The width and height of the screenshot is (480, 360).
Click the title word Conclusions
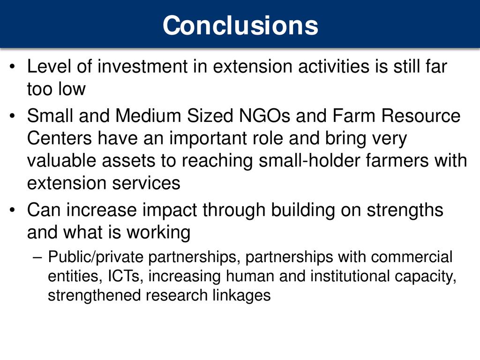[240, 25]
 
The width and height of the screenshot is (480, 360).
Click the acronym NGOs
[264, 116]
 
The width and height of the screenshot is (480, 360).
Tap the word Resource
[421, 116]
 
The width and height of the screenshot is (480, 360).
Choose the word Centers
[60, 138]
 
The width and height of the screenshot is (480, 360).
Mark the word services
[146, 183]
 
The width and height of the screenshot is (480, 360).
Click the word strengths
[405, 211]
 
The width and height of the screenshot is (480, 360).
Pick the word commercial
[412, 256]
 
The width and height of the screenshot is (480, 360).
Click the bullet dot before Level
[12, 67]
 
